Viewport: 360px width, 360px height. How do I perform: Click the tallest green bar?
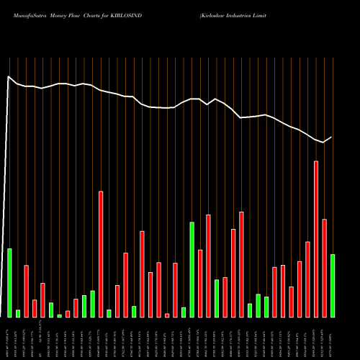[x=192, y=269]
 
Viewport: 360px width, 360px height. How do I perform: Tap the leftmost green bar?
[x=9, y=282]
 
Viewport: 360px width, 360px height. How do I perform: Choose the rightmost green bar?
[x=333, y=285]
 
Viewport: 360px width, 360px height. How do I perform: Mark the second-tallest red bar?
[x=101, y=254]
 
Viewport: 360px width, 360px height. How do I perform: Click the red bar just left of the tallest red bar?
[x=307, y=279]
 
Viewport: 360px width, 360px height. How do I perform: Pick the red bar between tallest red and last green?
[x=324, y=268]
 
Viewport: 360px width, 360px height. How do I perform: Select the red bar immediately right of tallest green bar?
[x=200, y=283]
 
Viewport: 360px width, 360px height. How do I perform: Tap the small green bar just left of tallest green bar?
[x=184, y=312]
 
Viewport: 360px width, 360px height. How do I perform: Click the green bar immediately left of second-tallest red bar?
[x=92, y=303]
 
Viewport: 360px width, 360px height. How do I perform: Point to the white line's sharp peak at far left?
[x=8, y=76]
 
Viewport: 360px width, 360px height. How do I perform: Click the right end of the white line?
[x=332, y=137]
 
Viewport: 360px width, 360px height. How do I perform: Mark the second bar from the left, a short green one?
[x=18, y=313]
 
